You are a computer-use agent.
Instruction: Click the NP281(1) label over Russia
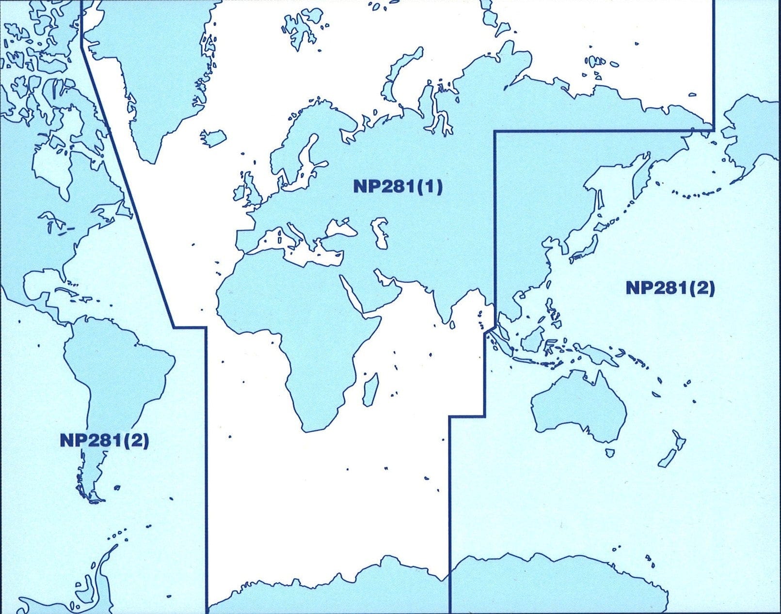coord(398,186)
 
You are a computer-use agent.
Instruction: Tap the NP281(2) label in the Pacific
coord(670,288)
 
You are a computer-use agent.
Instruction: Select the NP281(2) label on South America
coord(104,440)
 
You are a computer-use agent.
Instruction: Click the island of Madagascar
coord(370,390)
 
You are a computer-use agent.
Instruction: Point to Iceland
coord(214,137)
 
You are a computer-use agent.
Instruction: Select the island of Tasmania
coord(610,453)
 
